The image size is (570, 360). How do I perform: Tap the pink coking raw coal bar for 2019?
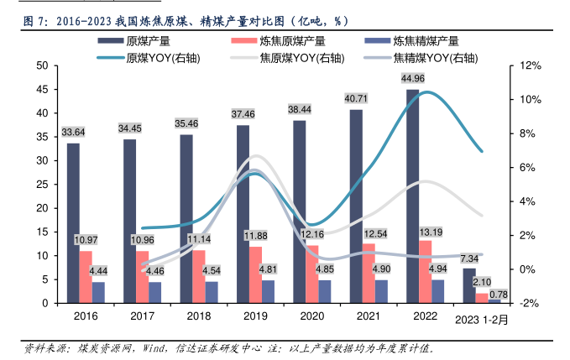[255, 274]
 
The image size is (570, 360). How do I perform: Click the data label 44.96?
[412, 79]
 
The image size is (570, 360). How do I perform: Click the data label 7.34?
[468, 258]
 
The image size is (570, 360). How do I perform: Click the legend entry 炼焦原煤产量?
[291, 40]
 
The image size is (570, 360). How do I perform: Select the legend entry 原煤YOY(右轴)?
[159, 57]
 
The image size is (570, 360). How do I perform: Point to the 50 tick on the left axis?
[41, 65]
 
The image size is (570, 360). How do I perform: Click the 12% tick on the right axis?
[529, 65]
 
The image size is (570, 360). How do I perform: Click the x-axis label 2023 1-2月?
[484, 320]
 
